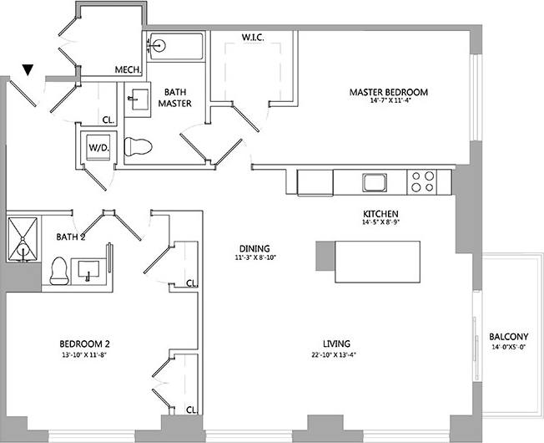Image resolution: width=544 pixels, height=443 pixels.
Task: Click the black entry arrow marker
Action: click(29, 72)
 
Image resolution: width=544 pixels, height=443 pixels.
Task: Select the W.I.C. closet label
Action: click(254, 38)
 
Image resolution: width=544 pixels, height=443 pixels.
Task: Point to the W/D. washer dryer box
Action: click(98, 150)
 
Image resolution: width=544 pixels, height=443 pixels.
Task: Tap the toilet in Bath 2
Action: click(59, 270)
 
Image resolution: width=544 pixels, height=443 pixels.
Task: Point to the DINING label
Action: click(254, 248)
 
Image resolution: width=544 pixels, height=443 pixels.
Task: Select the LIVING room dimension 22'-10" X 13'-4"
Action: click(336, 355)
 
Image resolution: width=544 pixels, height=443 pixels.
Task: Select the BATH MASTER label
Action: click(178, 98)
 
